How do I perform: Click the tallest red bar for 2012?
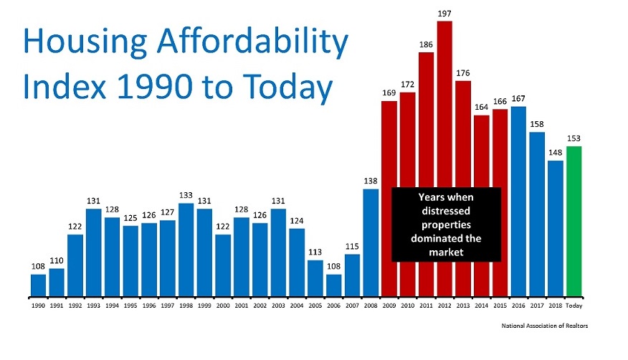point(444,158)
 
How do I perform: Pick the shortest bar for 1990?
point(38,285)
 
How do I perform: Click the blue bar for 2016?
point(518,201)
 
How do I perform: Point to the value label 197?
point(444,14)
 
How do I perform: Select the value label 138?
point(371,181)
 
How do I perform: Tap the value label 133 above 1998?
point(186,195)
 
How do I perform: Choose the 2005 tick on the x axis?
point(315,305)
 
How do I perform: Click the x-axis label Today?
point(574,305)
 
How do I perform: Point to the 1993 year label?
point(93,305)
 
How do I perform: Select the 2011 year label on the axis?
point(426,305)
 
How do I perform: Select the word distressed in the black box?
point(446,210)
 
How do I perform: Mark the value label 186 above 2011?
point(426,44)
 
